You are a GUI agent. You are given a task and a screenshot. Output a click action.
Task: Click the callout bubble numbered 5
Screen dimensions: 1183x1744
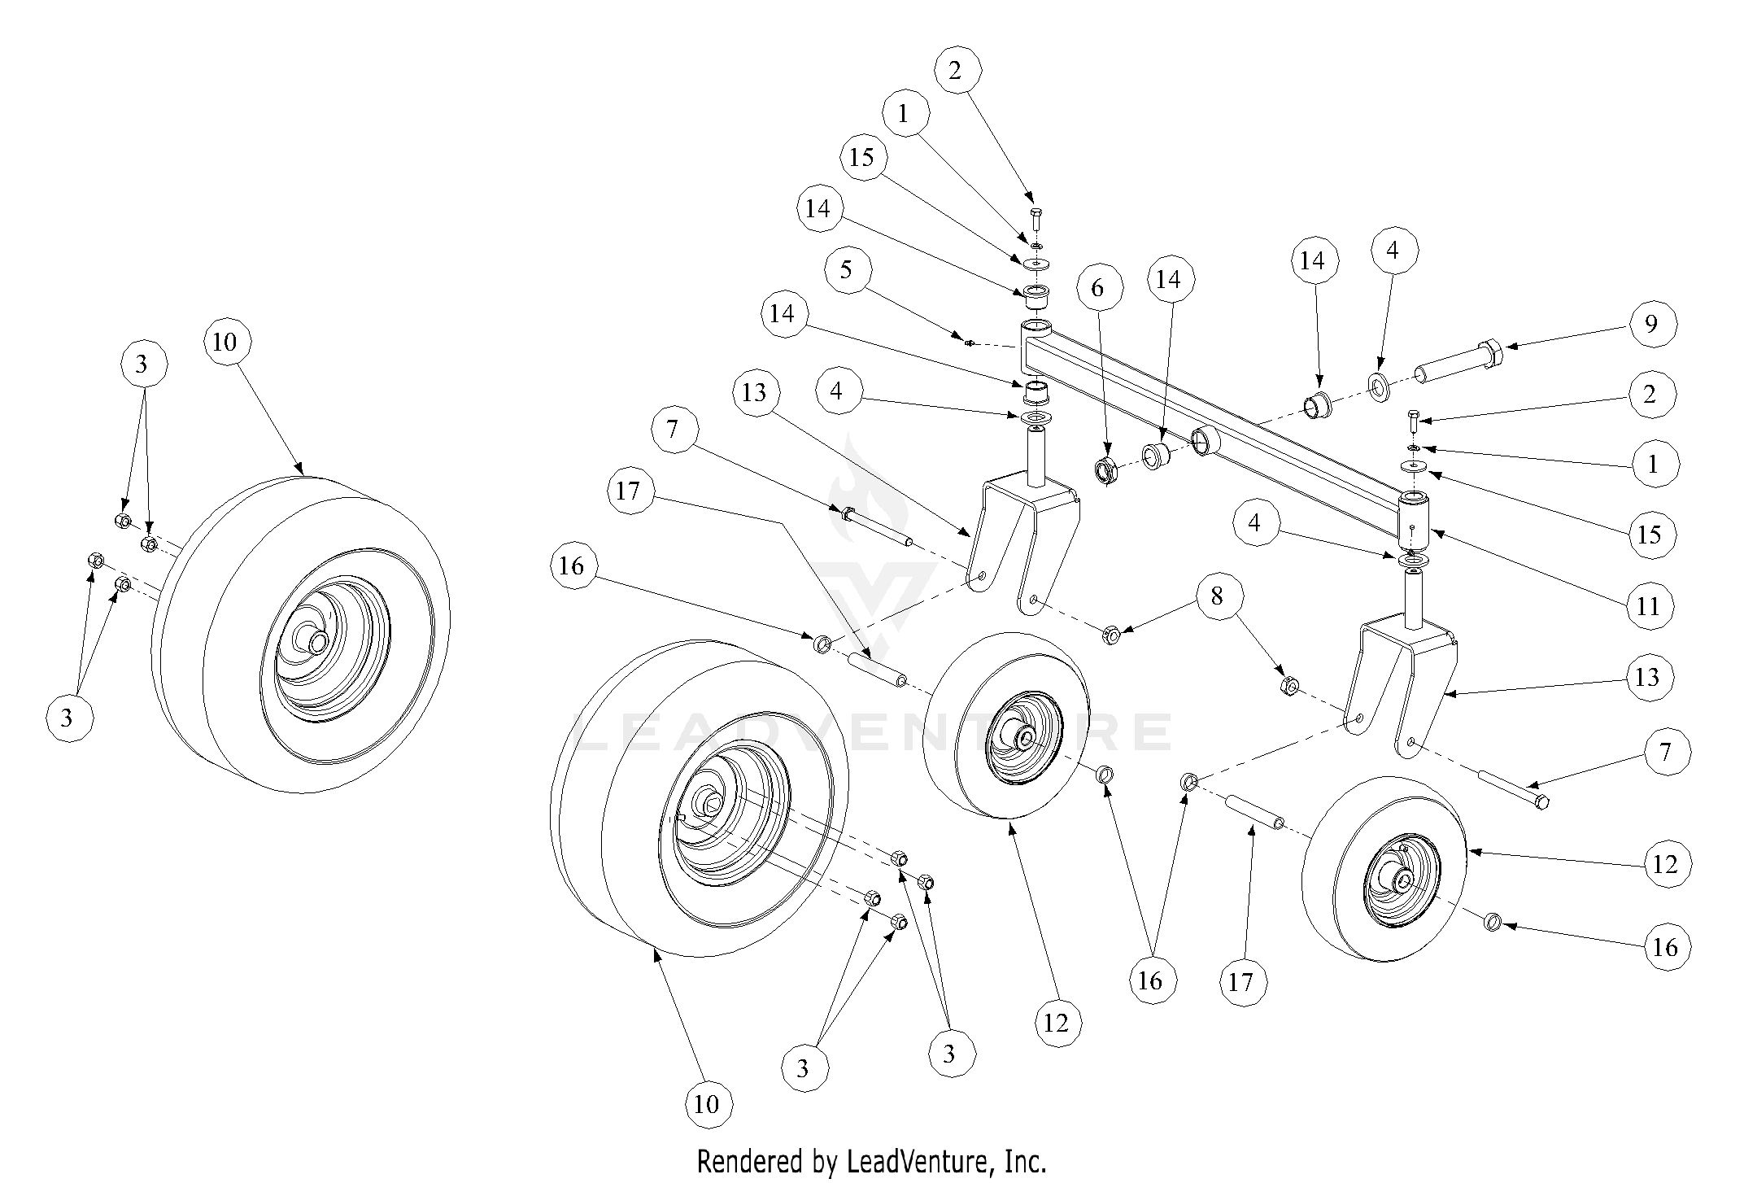click(846, 269)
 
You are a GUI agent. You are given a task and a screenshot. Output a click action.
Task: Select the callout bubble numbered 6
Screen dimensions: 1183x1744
click(1097, 287)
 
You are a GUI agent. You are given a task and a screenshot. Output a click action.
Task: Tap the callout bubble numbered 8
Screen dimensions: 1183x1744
click(1217, 596)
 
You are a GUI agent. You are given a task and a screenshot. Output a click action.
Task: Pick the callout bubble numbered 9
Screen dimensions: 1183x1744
click(1650, 324)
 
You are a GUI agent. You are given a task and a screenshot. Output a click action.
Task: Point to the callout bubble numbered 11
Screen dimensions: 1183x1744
click(1648, 606)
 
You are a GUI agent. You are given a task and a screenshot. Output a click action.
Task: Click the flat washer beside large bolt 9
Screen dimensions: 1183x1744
click(1378, 386)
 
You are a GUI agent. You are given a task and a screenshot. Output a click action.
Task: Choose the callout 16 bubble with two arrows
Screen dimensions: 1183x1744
click(1149, 980)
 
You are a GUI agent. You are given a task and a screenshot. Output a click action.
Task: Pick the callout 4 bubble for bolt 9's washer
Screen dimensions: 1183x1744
click(1392, 250)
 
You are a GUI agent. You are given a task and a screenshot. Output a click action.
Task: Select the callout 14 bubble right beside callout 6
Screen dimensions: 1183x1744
click(1168, 280)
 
